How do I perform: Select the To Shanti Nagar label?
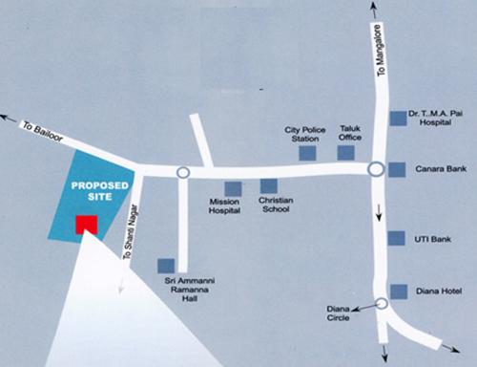tap(131, 233)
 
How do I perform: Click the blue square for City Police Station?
tap(307, 152)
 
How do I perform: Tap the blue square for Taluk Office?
tap(348, 152)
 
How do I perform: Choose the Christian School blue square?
tap(269, 186)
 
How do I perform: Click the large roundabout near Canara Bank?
tap(376, 169)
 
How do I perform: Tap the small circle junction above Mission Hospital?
tap(182, 173)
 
